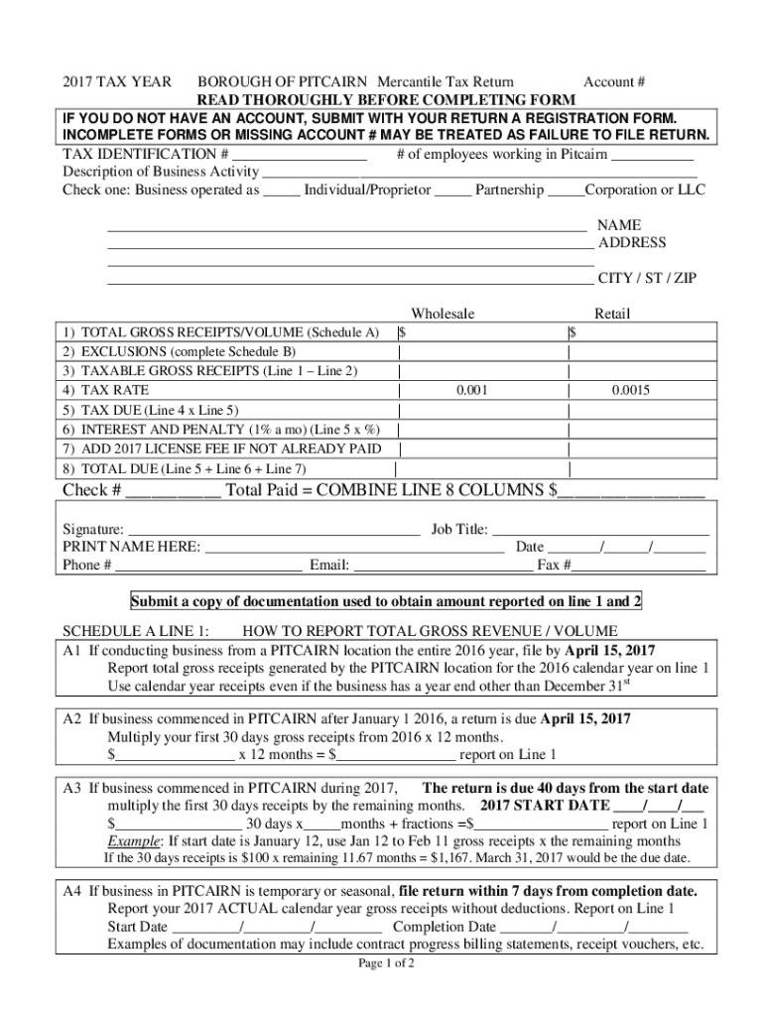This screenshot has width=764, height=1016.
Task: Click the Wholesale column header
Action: [443, 314]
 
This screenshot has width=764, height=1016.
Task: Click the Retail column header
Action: [611, 314]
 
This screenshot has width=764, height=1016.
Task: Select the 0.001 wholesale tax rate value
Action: [471, 391]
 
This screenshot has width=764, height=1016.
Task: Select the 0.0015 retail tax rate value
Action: [630, 391]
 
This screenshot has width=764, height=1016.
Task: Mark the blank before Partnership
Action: [452, 191]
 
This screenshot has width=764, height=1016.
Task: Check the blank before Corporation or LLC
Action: [566, 191]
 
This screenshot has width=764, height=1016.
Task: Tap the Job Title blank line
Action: [600, 531]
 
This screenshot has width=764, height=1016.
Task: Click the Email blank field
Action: [443, 567]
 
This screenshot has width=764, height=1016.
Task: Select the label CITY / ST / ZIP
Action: [646, 279]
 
